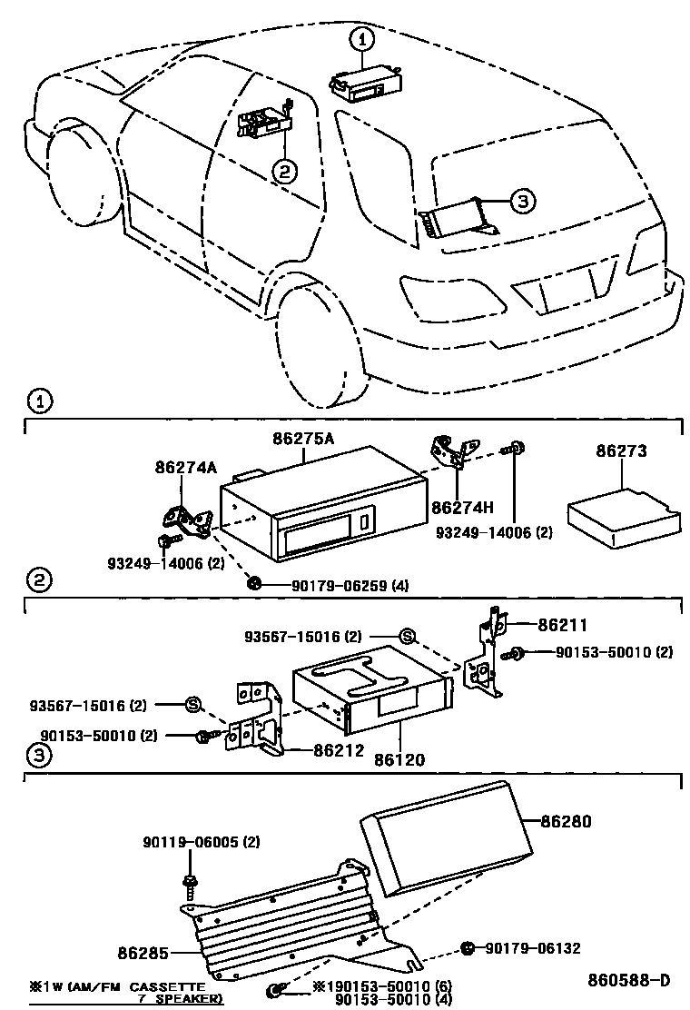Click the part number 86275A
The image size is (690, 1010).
point(303,438)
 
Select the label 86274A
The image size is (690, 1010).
point(185,469)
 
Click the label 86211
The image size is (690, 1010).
point(562,625)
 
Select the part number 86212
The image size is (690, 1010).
point(339,750)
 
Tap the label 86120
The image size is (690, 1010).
point(400,758)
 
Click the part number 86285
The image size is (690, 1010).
point(143,953)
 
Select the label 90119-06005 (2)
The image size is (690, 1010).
point(201,842)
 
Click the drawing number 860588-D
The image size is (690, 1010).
point(627,980)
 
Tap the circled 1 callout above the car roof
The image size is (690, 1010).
point(362,39)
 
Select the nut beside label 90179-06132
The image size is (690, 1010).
point(467,947)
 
